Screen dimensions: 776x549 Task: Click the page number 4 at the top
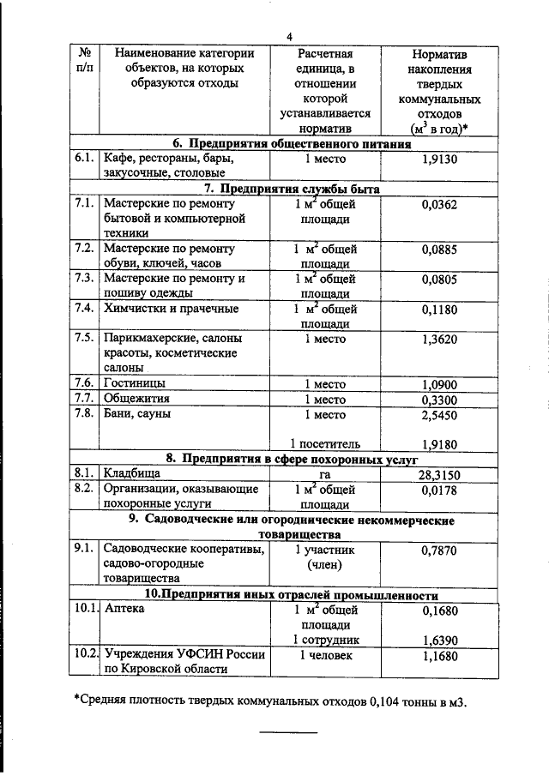[290, 36]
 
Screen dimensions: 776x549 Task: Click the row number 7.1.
[83, 204]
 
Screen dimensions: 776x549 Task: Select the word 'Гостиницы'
[135, 382]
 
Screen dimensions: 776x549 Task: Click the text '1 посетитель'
[325, 443]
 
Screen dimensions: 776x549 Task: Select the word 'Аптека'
[125, 610]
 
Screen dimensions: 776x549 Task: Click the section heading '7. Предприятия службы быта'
[292, 189]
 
